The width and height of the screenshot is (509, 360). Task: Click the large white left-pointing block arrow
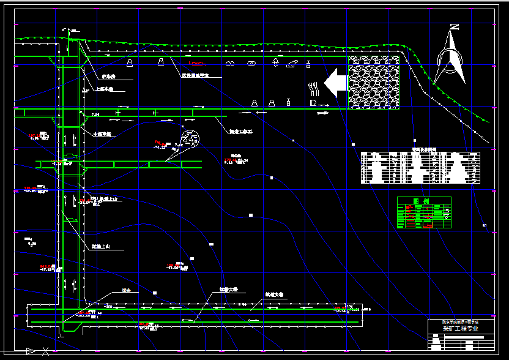pos(335,82)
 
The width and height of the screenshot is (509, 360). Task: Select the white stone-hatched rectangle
pos(373,83)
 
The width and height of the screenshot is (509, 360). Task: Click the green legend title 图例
pos(423,201)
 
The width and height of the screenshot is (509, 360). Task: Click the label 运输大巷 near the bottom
pos(229,289)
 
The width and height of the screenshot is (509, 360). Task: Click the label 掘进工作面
pos(240,132)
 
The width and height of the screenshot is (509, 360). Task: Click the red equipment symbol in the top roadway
pos(197,64)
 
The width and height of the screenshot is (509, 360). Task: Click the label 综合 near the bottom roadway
pos(127,290)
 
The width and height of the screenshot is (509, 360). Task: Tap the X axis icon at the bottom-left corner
pos(46,351)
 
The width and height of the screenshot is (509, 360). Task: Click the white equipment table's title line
pos(420,149)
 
